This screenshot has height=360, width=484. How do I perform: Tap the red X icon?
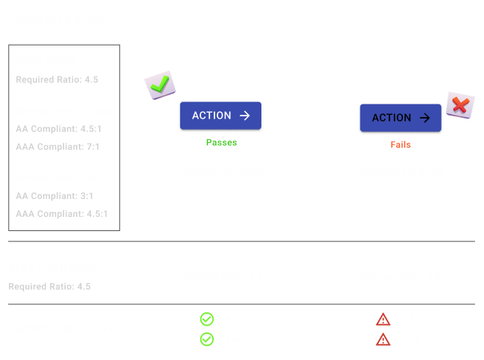459,105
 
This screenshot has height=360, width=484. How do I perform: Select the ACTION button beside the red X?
401,118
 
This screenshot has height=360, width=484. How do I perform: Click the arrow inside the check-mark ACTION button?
244,116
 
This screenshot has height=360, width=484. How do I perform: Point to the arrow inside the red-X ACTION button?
424,118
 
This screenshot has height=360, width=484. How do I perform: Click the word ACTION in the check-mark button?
211,116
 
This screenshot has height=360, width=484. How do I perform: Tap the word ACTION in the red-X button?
391,118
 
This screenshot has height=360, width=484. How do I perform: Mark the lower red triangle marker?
385,340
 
